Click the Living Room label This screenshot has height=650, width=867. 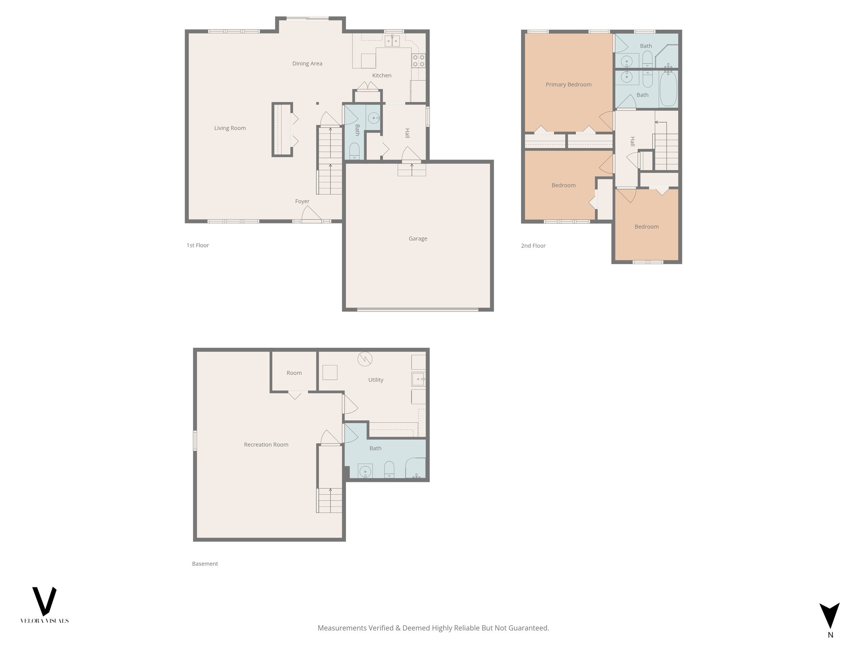pyautogui.click(x=230, y=128)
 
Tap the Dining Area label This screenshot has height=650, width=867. pyautogui.click(x=307, y=63)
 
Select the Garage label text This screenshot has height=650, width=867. pyautogui.click(x=417, y=239)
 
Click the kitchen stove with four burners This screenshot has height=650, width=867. pyautogui.click(x=419, y=61)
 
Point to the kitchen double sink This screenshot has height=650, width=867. pyautogui.click(x=392, y=41)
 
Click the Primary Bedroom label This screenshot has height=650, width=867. pyautogui.click(x=568, y=85)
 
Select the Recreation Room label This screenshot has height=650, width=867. pyautogui.click(x=266, y=445)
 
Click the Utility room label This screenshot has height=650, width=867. pyautogui.click(x=376, y=380)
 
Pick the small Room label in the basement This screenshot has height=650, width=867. pyautogui.click(x=294, y=373)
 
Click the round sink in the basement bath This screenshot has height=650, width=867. pyautogui.click(x=365, y=471)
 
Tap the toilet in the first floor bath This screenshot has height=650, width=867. pyautogui.click(x=354, y=151)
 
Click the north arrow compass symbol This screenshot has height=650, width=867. pyautogui.click(x=829, y=616)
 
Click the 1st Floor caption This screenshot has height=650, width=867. pyautogui.click(x=198, y=245)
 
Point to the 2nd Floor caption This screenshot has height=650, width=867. pyautogui.click(x=533, y=246)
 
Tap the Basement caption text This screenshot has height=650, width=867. pyautogui.click(x=205, y=564)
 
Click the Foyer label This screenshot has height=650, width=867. pyautogui.click(x=302, y=201)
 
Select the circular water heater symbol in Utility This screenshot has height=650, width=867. pyautogui.click(x=364, y=359)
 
